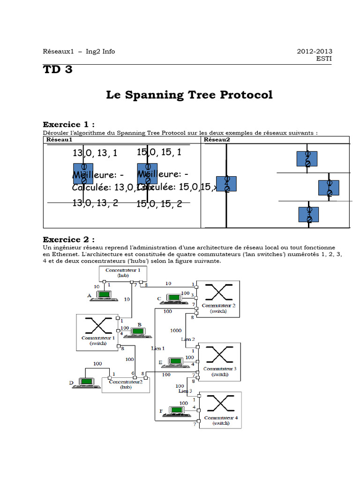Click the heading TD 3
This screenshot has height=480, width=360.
[58, 70]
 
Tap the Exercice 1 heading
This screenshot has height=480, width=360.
[68, 124]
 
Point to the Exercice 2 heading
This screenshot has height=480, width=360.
[68, 239]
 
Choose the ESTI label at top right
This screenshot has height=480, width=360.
[323, 59]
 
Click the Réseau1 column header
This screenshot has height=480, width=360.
[59, 140]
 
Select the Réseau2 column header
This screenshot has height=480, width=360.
[217, 140]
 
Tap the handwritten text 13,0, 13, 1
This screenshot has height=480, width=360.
[95, 153]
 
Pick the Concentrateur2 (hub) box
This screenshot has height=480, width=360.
[126, 384]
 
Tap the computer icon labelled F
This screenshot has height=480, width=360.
[177, 411]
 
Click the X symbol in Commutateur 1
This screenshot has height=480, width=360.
[97, 325]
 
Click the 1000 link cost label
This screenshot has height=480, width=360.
[176, 330]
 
